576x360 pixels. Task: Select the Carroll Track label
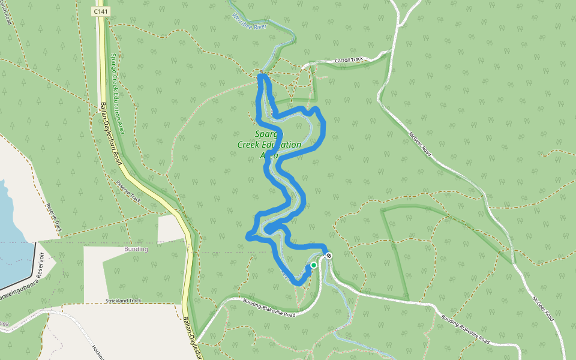pos(349,60)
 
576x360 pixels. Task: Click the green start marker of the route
pos(313,265)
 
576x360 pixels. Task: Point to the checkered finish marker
pos(329,256)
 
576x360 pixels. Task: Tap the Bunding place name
pos(136,249)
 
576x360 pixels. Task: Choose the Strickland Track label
pos(123,301)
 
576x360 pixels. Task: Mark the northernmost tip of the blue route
pos(262,76)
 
